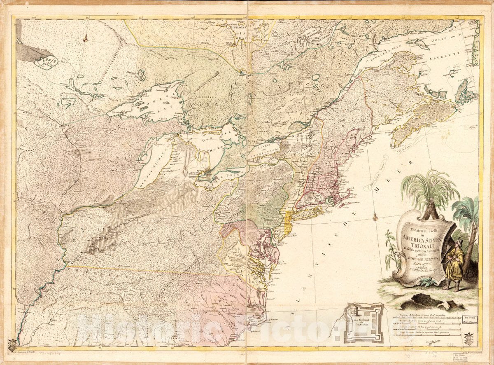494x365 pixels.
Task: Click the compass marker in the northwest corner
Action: point(85,39)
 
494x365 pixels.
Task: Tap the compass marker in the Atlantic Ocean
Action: point(375,216)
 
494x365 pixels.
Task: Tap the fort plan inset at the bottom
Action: point(364,323)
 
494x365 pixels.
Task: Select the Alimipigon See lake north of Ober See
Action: point(141,75)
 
